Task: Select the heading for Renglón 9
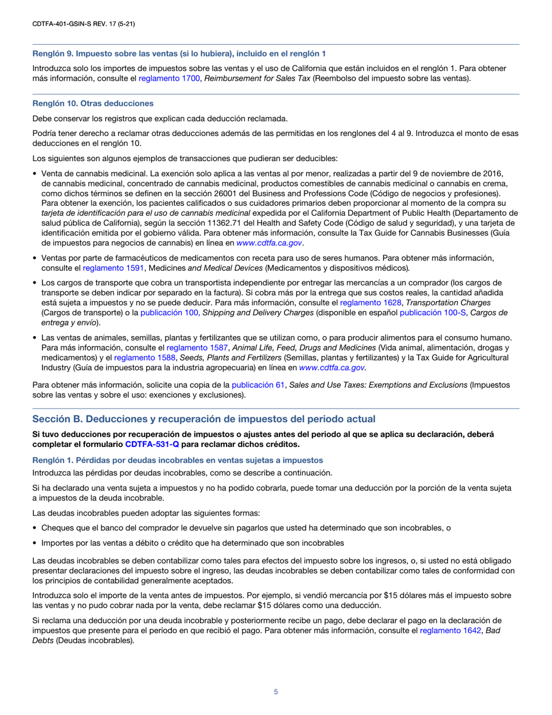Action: pyautogui.click(x=179, y=53)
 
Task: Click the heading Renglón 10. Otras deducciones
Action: pyautogui.click(x=93, y=103)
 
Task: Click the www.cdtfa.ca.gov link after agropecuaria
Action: pyautogui.click(x=332, y=367)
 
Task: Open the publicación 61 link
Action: pyautogui.click(x=258, y=385)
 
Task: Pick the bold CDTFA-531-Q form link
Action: pyautogui.click(x=152, y=444)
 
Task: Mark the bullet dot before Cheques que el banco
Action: pyautogui.click(x=35, y=528)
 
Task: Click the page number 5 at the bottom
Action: pyautogui.click(x=276, y=691)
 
